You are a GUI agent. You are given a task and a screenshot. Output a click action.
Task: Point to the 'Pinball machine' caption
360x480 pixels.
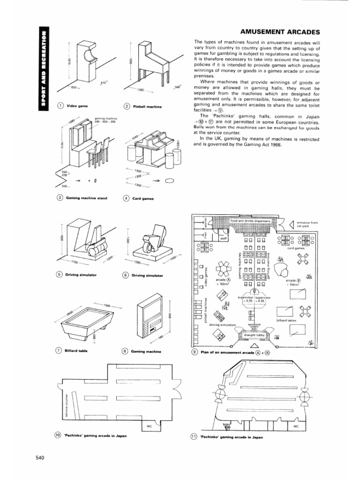(x=147, y=107)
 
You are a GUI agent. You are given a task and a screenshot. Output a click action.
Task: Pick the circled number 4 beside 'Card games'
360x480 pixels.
(x=126, y=198)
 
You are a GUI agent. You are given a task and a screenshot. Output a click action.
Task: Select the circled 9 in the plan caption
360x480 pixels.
(x=195, y=352)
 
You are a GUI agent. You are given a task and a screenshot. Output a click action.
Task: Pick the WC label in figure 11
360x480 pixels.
(x=296, y=426)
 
